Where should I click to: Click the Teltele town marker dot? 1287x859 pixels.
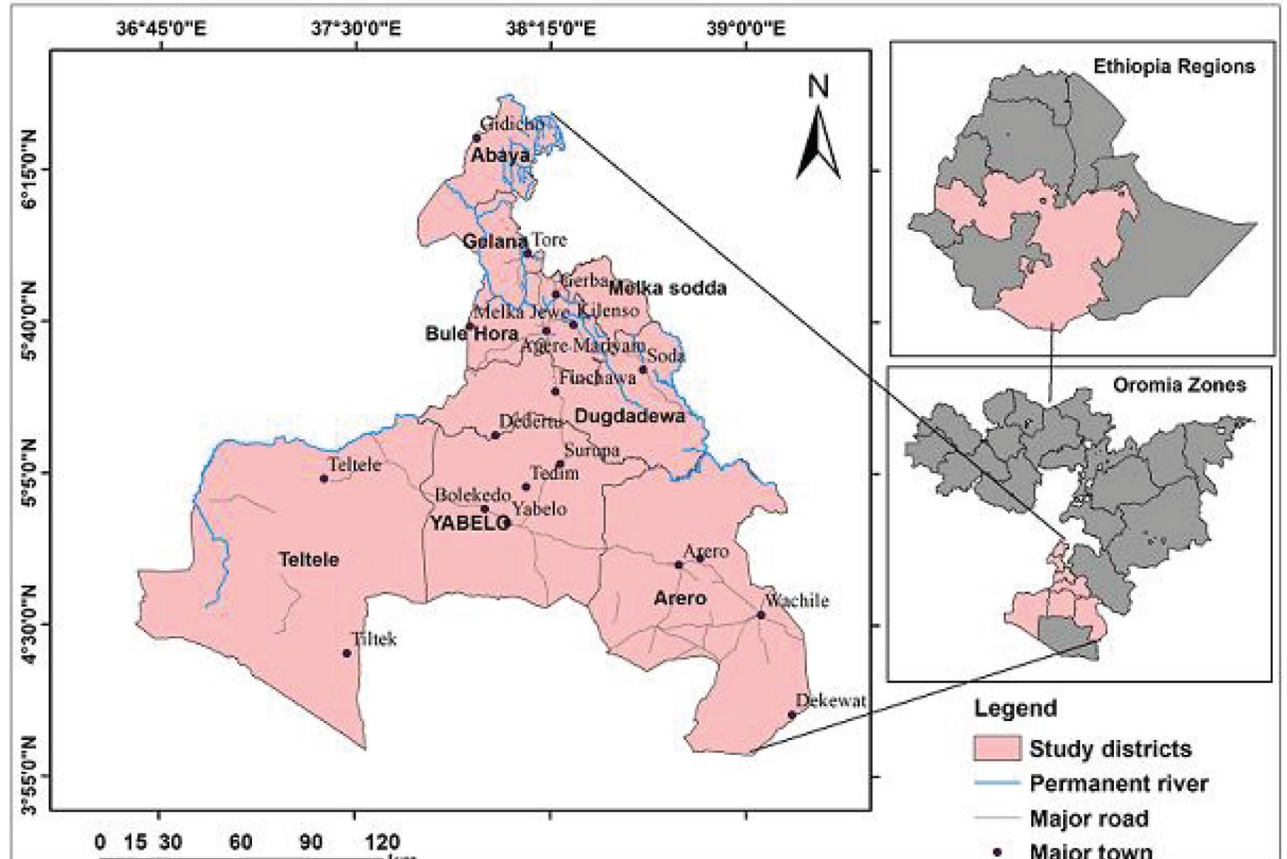click(x=324, y=479)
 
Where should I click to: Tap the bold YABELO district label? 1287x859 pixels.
click(x=470, y=524)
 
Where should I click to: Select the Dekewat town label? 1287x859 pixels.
click(x=831, y=700)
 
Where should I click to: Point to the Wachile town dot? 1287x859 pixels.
click(x=761, y=615)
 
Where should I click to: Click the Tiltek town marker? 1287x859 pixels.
click(x=347, y=653)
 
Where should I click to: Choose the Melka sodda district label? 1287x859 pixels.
click(x=667, y=288)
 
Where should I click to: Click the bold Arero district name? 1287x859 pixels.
click(x=680, y=598)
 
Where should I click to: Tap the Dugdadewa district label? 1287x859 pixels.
click(x=629, y=417)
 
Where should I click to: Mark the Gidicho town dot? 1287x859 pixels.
click(x=476, y=138)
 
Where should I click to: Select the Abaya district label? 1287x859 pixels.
click(x=500, y=155)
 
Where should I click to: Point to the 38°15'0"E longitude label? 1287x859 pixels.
click(x=552, y=29)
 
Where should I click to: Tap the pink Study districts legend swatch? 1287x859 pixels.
click(x=996, y=749)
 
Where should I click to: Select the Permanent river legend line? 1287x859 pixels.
click(x=996, y=784)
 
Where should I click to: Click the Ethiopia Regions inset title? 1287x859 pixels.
click(x=1174, y=67)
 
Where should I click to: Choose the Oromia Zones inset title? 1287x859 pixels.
click(x=1179, y=385)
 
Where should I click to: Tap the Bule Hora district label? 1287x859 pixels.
click(x=471, y=333)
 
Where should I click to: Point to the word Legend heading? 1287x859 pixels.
click(x=1015, y=709)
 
